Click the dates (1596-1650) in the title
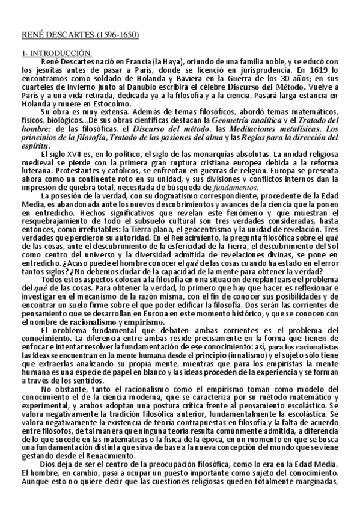point(119,35)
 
